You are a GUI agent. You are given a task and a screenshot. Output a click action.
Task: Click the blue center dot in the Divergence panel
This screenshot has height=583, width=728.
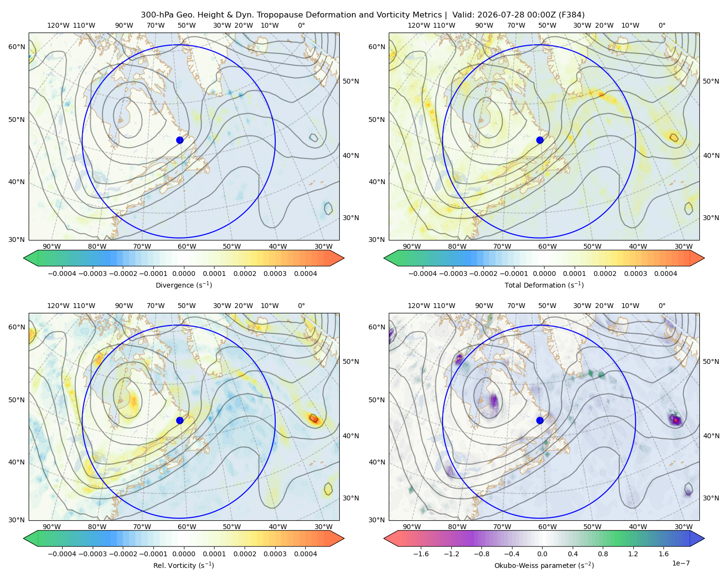[x=180, y=140]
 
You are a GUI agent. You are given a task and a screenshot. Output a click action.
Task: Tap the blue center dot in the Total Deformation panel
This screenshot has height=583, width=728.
[x=540, y=140]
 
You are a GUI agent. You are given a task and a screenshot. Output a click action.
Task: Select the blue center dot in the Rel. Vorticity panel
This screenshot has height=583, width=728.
[x=180, y=420]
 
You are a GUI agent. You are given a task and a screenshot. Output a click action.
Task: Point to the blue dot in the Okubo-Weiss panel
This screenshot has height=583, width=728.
[x=540, y=420]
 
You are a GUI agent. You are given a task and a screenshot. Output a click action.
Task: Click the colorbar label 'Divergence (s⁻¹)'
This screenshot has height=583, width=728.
[x=183, y=285]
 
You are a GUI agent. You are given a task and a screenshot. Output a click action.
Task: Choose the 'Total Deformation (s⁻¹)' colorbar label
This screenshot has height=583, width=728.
[x=544, y=285]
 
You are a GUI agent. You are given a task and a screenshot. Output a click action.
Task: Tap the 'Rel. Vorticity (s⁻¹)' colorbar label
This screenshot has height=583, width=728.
[x=183, y=565]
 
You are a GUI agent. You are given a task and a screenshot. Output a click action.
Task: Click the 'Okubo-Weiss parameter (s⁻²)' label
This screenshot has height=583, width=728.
[x=544, y=565]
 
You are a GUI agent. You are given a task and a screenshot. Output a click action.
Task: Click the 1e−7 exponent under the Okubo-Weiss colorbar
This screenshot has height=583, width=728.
[x=680, y=563]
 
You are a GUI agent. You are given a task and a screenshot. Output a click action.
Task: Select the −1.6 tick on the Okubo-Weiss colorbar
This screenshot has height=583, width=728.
[x=421, y=553]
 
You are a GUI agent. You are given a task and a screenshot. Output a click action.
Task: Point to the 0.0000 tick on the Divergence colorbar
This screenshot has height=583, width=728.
[x=183, y=274]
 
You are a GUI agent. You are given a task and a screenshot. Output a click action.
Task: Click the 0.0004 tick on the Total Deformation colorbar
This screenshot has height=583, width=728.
[x=665, y=274]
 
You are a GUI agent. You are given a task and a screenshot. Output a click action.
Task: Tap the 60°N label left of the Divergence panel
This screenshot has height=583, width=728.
[x=17, y=47]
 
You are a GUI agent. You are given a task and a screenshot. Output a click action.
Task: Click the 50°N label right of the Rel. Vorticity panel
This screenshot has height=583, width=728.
[x=351, y=361]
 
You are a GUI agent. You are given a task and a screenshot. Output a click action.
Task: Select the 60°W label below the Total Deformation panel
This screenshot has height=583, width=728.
[x=547, y=246]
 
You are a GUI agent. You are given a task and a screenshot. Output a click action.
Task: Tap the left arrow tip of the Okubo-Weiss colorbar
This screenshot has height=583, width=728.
[x=384, y=538]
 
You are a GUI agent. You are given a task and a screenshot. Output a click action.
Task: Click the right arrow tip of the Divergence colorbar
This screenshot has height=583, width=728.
[x=344, y=258]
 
